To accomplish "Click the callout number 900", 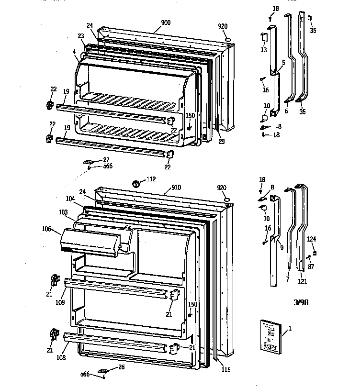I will click(x=166, y=22).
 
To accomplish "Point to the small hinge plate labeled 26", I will click(x=103, y=370).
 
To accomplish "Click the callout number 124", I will click(x=312, y=238).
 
